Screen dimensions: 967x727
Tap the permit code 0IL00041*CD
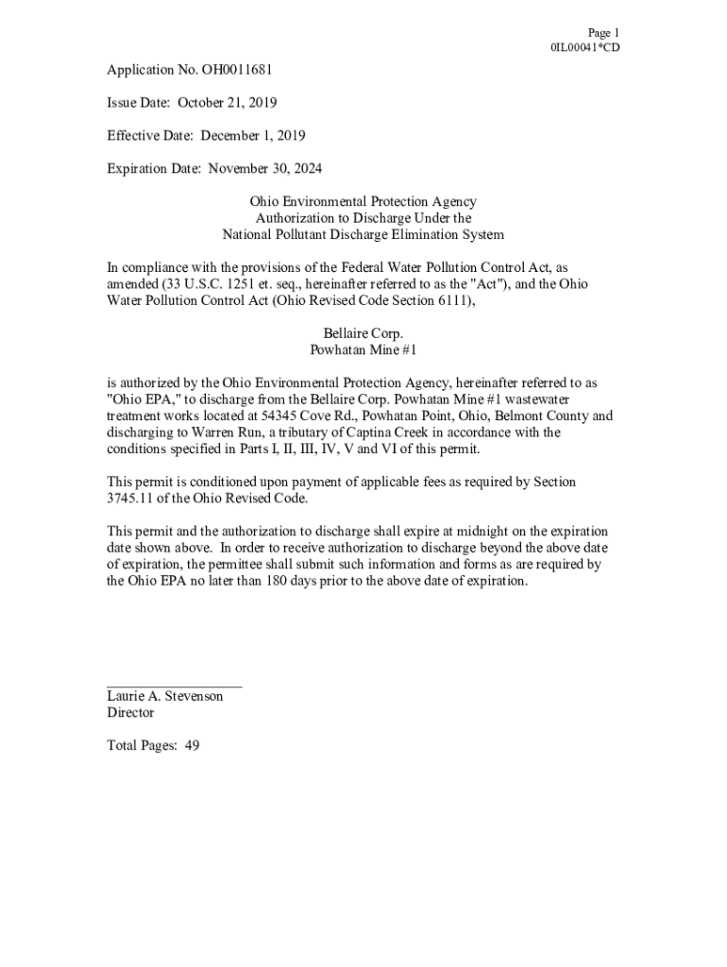(x=585, y=48)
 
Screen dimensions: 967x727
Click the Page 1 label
(x=602, y=32)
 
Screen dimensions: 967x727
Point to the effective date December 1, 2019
(x=252, y=136)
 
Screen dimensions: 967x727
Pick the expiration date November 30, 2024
(x=265, y=169)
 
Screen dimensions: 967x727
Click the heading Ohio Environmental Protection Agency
(x=363, y=202)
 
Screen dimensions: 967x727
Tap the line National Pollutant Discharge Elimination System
(x=363, y=234)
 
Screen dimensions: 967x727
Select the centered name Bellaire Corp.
(x=363, y=333)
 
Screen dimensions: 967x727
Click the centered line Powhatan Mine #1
(x=363, y=349)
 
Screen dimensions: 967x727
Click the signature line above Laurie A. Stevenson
(x=174, y=684)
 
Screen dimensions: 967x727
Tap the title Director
(x=130, y=713)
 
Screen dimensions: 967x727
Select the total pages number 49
(x=192, y=745)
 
